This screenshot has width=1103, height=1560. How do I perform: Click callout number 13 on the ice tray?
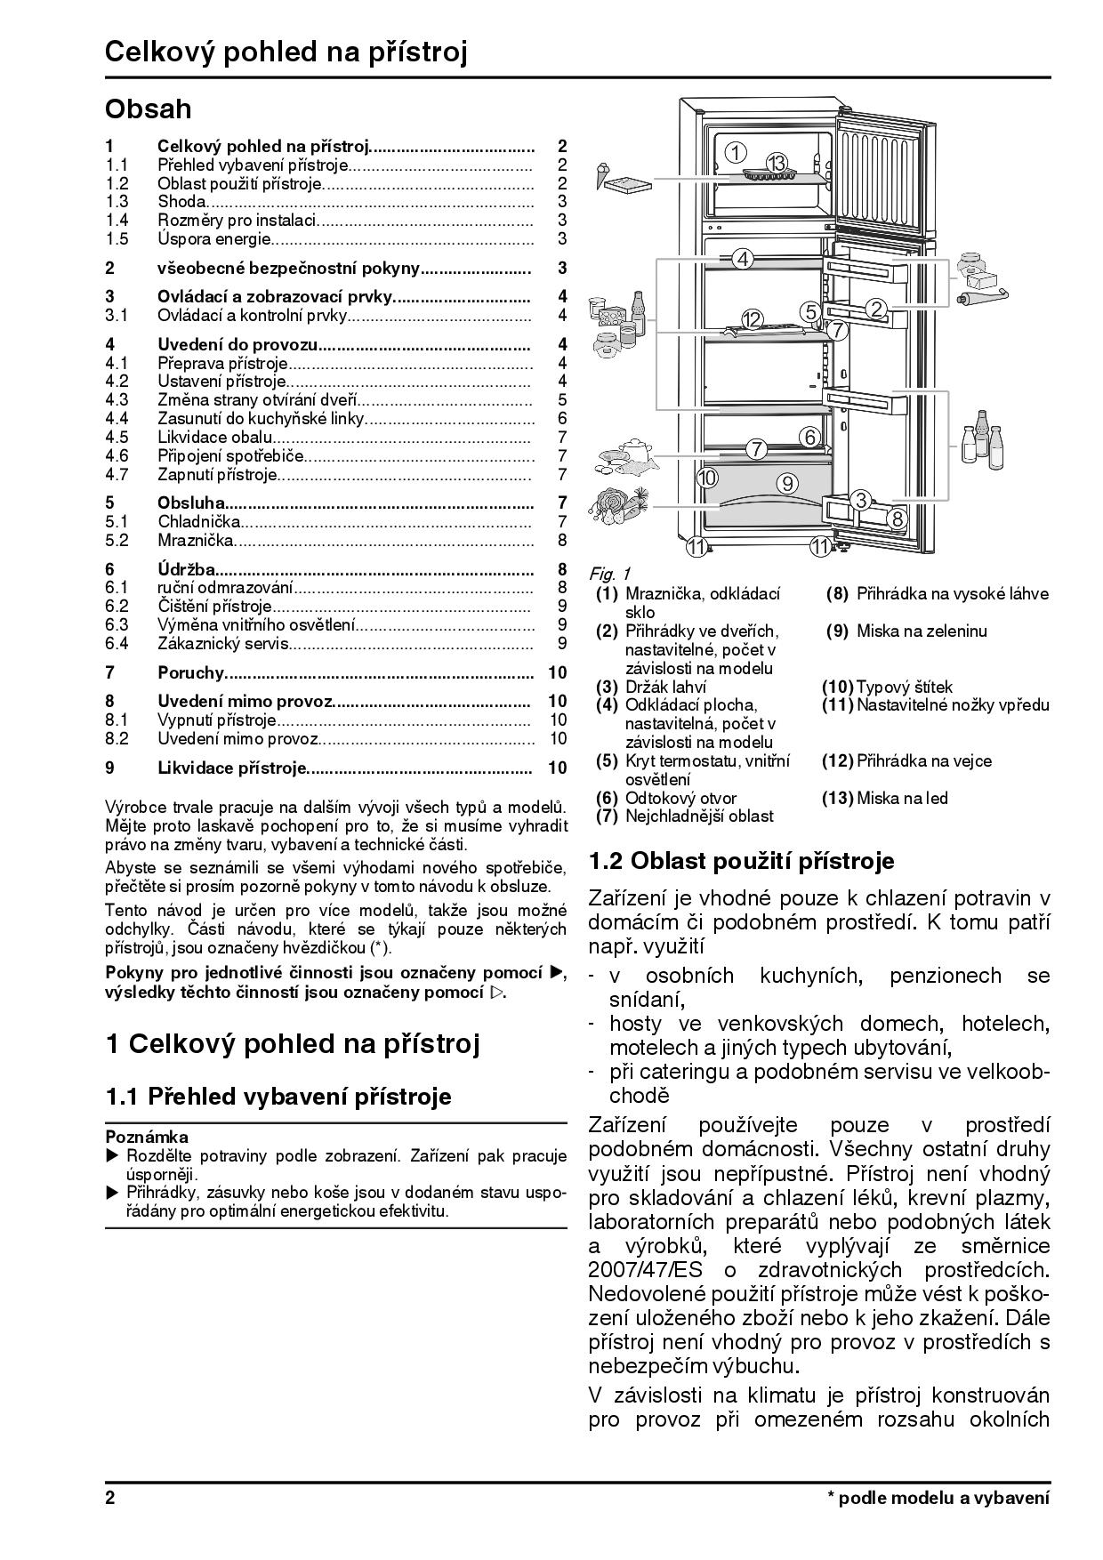pyautogui.click(x=777, y=163)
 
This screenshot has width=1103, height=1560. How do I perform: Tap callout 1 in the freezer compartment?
pyautogui.click(x=736, y=152)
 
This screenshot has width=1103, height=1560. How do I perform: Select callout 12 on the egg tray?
pyautogui.click(x=752, y=319)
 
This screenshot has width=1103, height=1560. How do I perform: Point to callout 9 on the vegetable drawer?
pyautogui.click(x=787, y=483)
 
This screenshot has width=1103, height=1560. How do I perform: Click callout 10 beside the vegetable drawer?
pyautogui.click(x=707, y=478)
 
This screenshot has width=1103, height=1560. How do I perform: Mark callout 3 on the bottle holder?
pyautogui.click(x=860, y=500)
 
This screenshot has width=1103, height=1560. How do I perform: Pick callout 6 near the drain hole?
pyautogui.click(x=809, y=437)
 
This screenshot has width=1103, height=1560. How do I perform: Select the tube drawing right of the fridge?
pyautogui.click(x=983, y=296)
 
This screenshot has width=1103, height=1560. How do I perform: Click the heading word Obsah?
pyautogui.click(x=148, y=109)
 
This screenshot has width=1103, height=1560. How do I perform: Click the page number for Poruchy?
pyautogui.click(x=558, y=672)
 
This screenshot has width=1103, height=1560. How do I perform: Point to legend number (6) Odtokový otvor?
pyautogui.click(x=607, y=798)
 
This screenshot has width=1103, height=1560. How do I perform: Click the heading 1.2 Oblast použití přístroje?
pyautogui.click(x=742, y=861)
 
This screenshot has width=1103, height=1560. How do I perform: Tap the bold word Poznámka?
pyautogui.click(x=147, y=1137)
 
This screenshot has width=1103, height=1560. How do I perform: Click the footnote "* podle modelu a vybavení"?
pyautogui.click(x=938, y=1498)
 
